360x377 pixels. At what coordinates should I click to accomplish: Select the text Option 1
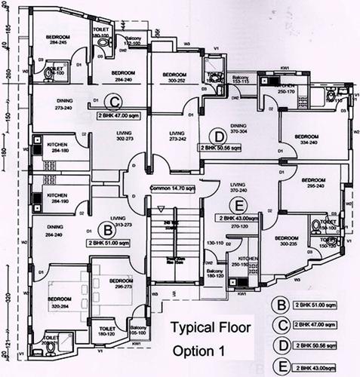pyautogui.click(x=199, y=351)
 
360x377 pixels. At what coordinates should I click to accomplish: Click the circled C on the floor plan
pyautogui.click(x=114, y=102)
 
